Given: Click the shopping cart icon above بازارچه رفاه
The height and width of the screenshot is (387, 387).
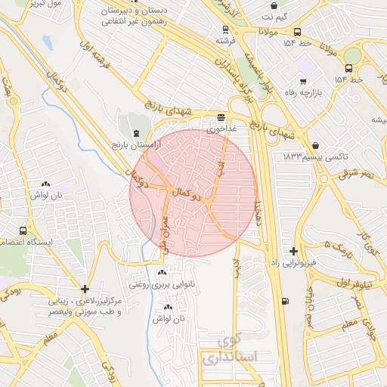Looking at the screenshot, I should point(303,80).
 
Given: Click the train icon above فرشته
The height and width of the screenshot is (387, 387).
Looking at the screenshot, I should point(222,28).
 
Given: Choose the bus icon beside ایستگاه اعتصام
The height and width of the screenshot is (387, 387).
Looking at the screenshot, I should point(23,231).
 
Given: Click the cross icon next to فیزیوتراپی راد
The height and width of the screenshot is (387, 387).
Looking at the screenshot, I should point(293,250).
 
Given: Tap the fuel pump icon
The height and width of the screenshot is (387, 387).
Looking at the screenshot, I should point(284,302).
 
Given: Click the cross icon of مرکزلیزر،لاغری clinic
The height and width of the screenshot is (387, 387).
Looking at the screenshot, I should point(85,289).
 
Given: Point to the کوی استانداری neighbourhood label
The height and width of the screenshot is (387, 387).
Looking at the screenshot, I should point(230,348).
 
